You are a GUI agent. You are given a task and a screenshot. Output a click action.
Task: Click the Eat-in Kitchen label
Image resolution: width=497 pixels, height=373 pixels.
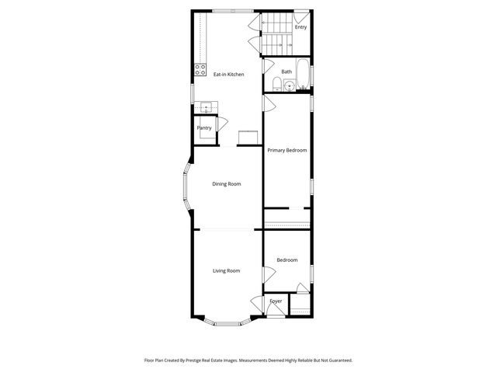pyautogui.click(x=228, y=75)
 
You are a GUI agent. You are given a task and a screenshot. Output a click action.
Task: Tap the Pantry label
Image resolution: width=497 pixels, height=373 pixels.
pyautogui.click(x=204, y=128)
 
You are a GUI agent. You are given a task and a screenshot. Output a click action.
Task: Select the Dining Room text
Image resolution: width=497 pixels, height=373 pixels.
pyautogui.click(x=227, y=184)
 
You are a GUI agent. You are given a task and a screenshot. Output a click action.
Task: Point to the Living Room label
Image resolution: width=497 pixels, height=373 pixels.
pyautogui.click(x=226, y=270)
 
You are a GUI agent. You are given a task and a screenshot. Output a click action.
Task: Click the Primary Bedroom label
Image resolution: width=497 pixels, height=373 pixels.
pyautogui.click(x=287, y=150)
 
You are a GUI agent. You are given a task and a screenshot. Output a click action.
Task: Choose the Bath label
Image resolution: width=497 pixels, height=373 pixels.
pyautogui.click(x=287, y=72)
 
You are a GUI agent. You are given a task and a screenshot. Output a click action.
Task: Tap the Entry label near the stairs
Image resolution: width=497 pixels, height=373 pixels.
pyautogui.click(x=301, y=27)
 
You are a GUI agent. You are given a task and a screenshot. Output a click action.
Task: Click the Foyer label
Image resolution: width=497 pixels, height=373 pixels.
pyautogui.click(x=276, y=301)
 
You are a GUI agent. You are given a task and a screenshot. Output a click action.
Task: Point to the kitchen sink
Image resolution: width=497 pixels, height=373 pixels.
pyautogui.click(x=206, y=107)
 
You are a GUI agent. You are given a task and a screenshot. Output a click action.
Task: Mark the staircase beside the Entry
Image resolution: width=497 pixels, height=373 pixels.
pyautogui.click(x=276, y=36)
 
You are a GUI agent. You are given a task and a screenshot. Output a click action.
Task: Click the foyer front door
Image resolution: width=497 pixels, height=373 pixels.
pyautogui.click(x=276, y=312)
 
